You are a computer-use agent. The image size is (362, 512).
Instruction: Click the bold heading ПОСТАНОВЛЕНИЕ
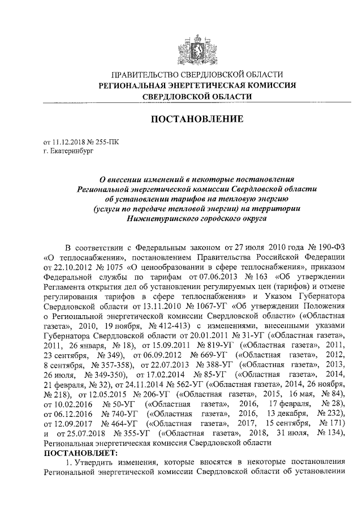(x=196, y=119)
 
